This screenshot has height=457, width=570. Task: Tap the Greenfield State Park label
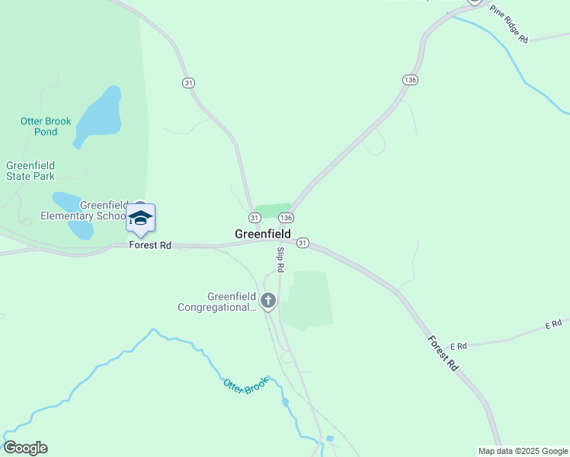pos(30,171)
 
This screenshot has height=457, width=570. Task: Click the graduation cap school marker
pos(140,219)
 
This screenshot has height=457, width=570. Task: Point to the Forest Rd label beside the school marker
pos(150,245)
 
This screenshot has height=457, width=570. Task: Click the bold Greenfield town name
pos(262,234)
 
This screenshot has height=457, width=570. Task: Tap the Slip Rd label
pos(280,260)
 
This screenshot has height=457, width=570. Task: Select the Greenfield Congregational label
pos(217,302)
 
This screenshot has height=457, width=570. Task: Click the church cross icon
pos(267,301)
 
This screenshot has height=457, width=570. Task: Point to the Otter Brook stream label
pos(245,386)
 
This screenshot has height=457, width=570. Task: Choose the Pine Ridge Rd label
pos(508,24)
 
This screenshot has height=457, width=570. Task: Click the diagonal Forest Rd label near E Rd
pos(442,353)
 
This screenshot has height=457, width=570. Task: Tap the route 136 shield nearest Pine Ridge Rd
pos(410,80)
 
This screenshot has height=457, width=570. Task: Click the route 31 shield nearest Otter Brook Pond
pos(188,82)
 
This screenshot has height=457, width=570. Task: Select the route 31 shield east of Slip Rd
pos(303,243)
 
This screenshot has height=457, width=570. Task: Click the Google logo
pos(25,448)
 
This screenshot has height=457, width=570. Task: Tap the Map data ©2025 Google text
pos(523,451)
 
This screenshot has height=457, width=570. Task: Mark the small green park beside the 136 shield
pos(272,210)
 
